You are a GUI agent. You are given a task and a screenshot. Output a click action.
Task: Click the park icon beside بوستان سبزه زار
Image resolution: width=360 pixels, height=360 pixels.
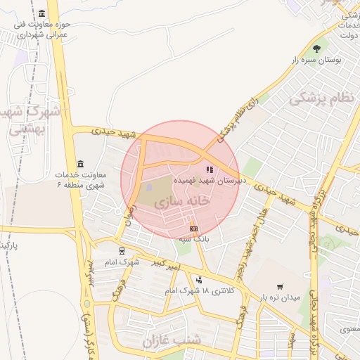tap(316, 49)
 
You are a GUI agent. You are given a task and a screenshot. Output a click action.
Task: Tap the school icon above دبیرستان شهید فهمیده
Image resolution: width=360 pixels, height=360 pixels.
tap(208, 169)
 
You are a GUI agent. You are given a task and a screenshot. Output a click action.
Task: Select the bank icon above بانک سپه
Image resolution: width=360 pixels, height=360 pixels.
tap(193, 229)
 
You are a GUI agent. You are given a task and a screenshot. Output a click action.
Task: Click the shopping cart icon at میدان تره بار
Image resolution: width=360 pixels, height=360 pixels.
tap(280, 286)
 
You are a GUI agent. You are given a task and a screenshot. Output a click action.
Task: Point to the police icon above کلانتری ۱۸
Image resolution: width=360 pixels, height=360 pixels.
tap(198, 280)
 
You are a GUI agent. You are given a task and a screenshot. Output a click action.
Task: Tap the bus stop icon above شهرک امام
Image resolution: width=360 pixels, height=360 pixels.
tap(122, 250)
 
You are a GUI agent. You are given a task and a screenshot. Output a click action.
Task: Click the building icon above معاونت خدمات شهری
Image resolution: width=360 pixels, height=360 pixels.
tap(79, 164)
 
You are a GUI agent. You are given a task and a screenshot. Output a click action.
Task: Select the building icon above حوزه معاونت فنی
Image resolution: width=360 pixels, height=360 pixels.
tap(42, 14)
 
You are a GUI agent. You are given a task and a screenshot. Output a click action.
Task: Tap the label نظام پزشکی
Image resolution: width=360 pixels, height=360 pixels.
tap(323, 97)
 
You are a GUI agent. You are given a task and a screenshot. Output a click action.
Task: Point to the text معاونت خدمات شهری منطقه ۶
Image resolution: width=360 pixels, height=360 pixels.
tap(79, 179)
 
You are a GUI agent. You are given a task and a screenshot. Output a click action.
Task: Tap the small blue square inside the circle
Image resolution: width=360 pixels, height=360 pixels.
tap(148, 188)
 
